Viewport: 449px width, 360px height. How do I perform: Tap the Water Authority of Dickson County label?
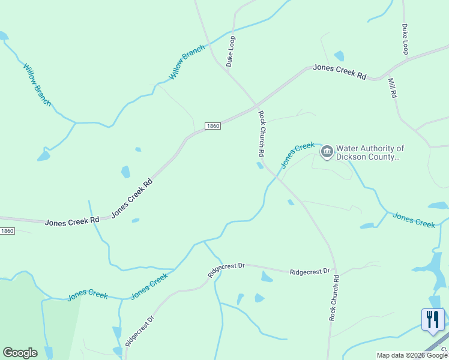point(370,152)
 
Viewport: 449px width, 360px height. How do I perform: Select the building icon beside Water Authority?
point(327,151)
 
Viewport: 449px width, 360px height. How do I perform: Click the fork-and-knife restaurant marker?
point(433,319)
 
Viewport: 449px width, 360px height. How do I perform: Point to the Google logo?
point(20,353)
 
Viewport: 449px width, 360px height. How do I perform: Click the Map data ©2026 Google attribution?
point(412,355)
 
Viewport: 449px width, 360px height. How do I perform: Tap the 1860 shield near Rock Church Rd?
point(212,126)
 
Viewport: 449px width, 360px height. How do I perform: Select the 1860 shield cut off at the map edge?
point(7,231)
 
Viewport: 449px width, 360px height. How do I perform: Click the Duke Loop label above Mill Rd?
point(405,39)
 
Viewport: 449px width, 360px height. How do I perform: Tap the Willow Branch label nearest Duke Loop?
point(187,63)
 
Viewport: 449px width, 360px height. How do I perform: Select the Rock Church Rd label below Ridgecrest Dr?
point(334,298)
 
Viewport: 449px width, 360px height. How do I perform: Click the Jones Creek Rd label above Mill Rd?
point(339,72)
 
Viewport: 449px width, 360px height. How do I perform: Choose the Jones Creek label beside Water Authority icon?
point(298,154)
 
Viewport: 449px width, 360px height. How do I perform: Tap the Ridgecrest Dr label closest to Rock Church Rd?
point(310,272)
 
